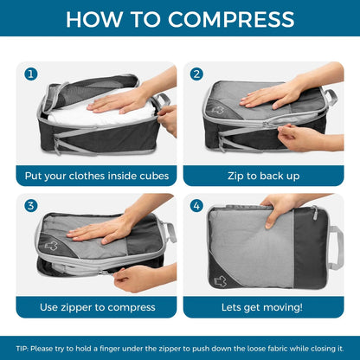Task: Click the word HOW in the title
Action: pos(91,19)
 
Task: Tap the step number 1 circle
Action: pos(32,74)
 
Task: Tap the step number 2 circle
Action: pos(196,74)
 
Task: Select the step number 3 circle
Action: pos(32,206)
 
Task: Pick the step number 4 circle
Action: pos(196,206)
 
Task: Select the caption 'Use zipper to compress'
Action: pos(97,306)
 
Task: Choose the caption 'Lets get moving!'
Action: pos(262,306)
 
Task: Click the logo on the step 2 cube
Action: pos(217,110)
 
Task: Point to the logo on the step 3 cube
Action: pos(51,245)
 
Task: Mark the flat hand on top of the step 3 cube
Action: pos(104,228)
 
